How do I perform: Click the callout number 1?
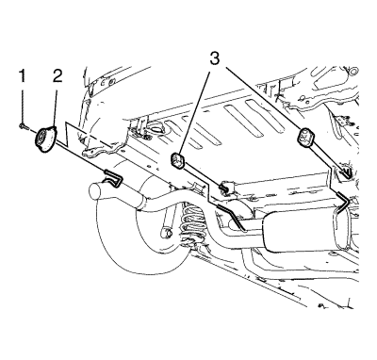point(22,76)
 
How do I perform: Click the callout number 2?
point(57,76)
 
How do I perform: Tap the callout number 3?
point(214,58)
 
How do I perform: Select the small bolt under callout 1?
point(23,126)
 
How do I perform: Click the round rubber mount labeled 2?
point(45,139)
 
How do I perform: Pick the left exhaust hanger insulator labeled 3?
point(178,161)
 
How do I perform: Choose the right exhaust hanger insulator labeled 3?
point(303,137)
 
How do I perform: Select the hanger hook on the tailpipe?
point(113,178)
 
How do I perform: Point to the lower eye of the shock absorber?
point(168,233)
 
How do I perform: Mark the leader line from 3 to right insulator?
point(263,98)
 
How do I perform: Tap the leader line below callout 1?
point(23,105)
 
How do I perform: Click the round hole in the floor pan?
point(156,129)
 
